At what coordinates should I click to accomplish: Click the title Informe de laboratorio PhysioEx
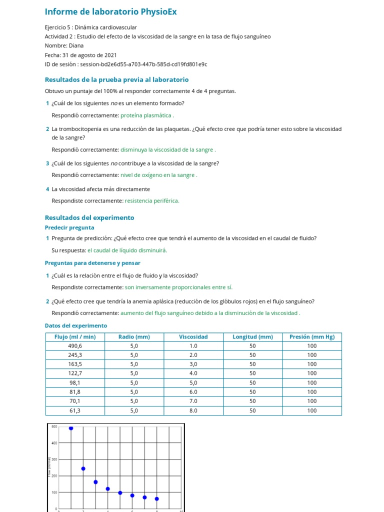pyautogui.click(x=110, y=11)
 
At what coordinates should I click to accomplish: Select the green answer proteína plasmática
pyautogui.click(x=147, y=115)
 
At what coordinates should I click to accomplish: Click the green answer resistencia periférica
pyautogui.click(x=152, y=201)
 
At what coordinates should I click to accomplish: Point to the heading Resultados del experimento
pyautogui.click(x=89, y=217)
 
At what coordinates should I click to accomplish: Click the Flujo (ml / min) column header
pyautogui.click(x=75, y=336)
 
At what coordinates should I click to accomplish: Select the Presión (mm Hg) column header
pyautogui.click(x=312, y=336)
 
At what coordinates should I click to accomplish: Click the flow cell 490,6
pyautogui.click(x=75, y=346)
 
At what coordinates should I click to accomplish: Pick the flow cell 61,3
pyautogui.click(x=75, y=410)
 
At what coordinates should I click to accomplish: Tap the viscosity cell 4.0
pyautogui.click(x=193, y=373)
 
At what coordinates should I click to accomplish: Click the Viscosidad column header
pyautogui.click(x=193, y=336)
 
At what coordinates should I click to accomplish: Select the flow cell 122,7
pyautogui.click(x=75, y=373)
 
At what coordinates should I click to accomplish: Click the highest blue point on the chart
pyautogui.click(x=71, y=428)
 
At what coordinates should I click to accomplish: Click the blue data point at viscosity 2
pyautogui.click(x=83, y=468)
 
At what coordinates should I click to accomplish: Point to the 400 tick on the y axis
pyautogui.click(x=53, y=443)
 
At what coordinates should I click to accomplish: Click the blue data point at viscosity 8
pyautogui.click(x=156, y=498)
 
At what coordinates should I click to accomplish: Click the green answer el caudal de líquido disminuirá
pyautogui.click(x=127, y=250)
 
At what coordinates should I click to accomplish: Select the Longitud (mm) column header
pyautogui.click(x=252, y=336)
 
